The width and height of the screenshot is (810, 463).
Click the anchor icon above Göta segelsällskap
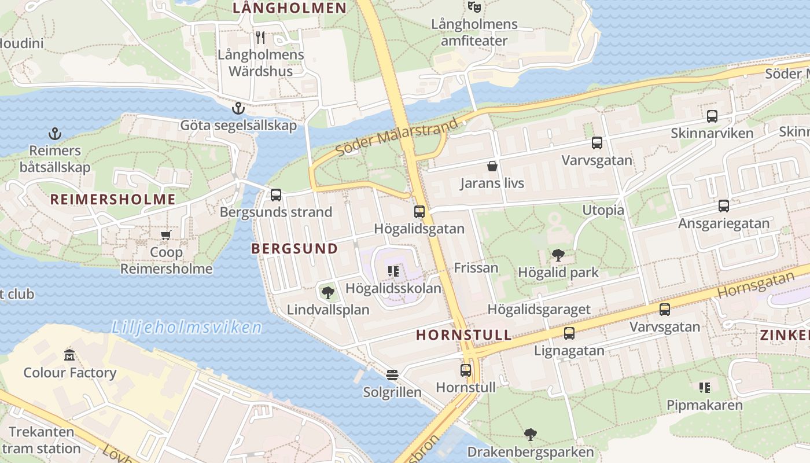point(237,108)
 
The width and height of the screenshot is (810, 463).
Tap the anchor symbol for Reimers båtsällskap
point(54,134)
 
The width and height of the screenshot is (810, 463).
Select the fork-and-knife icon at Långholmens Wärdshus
point(260,38)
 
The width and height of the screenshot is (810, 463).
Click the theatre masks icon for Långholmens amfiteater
point(474,7)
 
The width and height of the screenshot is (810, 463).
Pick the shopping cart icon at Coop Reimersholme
point(166,235)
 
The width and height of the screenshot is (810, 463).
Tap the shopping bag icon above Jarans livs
point(492,167)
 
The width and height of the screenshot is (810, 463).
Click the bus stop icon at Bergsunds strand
point(276,195)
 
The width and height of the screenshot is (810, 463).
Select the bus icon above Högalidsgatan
point(419,212)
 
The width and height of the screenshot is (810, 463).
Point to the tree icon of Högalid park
point(558,255)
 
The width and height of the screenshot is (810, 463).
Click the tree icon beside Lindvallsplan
point(328,292)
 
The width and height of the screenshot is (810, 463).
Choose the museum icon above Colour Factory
point(69,355)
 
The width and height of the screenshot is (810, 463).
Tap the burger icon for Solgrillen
point(392,375)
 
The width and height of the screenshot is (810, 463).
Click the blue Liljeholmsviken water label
point(186,328)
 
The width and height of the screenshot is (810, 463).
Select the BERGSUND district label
point(294,249)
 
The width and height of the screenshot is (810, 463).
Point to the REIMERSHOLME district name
point(112,200)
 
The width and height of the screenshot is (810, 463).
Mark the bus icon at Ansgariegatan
point(724,206)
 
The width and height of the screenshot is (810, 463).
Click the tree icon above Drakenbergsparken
point(530,435)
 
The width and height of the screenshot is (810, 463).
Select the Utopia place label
point(603,210)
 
